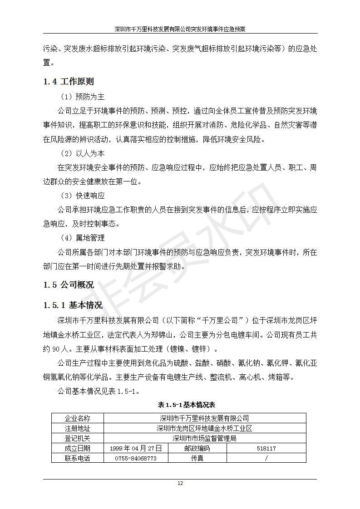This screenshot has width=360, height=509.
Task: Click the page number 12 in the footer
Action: pyautogui.click(x=180, y=484)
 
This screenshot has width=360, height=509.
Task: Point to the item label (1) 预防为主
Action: pyautogui.click(x=82, y=97)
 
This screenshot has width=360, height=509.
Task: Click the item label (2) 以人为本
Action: pyautogui.click(x=82, y=154)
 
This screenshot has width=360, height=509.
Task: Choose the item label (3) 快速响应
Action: pyautogui.click(x=82, y=196)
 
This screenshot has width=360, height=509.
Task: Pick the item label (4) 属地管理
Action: pyautogui.click(x=82, y=238)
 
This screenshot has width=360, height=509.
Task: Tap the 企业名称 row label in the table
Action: pyautogui.click(x=78, y=418)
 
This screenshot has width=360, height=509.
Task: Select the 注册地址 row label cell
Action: pyautogui.click(x=78, y=428)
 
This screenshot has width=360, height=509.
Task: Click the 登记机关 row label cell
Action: pyautogui.click(x=78, y=438)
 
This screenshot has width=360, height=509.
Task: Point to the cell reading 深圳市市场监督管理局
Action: pyautogui.click(x=204, y=438)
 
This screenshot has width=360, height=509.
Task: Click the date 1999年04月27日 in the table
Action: pyautogui.click(x=136, y=448)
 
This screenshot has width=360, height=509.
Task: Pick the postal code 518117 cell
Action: pyautogui.click(x=266, y=448)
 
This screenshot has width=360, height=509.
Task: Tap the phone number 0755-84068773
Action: pyautogui.click(x=136, y=458)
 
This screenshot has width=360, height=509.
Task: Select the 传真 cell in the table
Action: pyautogui.click(x=197, y=458)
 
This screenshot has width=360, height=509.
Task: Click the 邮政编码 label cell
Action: pyautogui.click(x=197, y=448)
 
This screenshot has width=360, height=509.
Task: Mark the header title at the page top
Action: pyautogui.click(x=180, y=29)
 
